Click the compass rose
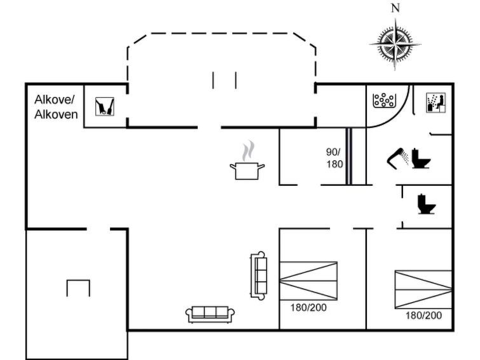tap(395, 45)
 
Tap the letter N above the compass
tap(395, 8)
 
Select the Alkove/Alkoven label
tap(56, 107)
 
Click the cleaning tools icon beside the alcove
tap(105, 106)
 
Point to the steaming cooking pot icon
tap(247, 160)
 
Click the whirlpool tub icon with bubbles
tap(383, 100)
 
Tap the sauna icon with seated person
tap(436, 102)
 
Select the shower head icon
tap(398, 157)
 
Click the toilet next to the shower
tap(421, 158)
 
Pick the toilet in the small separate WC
tap(427, 204)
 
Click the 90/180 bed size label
tap(334, 158)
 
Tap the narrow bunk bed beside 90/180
tap(349, 156)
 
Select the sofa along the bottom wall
tap(210, 314)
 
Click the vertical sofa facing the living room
tap(258, 275)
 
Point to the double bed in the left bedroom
tap(308, 280)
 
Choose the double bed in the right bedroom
tap(423, 289)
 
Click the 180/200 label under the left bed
tap(308, 307)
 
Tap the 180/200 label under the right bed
tap(423, 315)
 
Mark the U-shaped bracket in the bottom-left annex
tap(78, 287)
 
